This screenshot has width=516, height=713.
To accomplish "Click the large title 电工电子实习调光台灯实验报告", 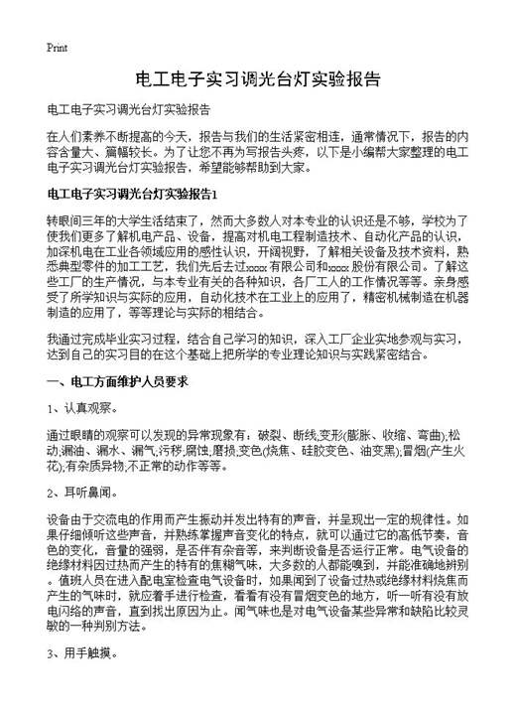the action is coord(258,78).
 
